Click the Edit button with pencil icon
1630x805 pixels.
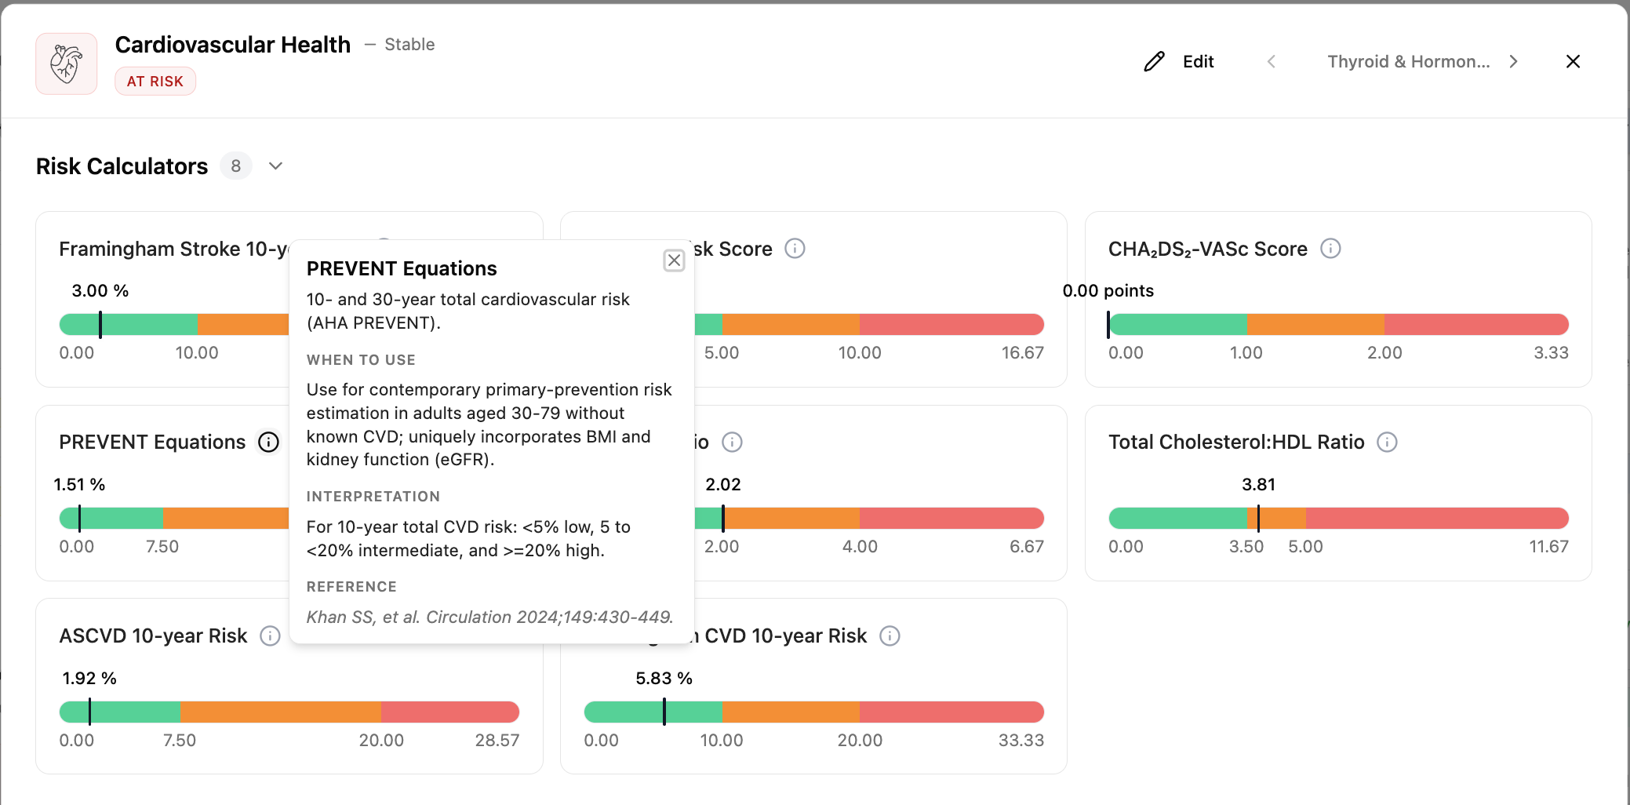[1178, 61]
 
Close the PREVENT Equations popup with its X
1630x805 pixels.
[674, 260]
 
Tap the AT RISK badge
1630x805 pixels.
[155, 82]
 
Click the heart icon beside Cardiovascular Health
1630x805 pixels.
[67, 64]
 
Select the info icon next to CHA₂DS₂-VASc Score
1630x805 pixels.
[1330, 249]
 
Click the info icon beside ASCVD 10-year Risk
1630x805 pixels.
[270, 636]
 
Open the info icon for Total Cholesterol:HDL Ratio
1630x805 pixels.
[1387, 443]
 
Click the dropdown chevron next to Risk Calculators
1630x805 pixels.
[275, 166]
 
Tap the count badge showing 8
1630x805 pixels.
[236, 166]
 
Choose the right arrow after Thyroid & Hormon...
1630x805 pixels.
[1513, 61]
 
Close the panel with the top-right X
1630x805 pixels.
[1573, 61]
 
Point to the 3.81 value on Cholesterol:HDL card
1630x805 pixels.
[1258, 485]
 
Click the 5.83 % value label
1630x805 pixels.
[664, 679]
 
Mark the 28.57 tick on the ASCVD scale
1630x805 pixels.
[497, 741]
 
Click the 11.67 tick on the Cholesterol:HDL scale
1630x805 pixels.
[1548, 547]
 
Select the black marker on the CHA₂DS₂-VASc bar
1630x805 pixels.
[1108, 325]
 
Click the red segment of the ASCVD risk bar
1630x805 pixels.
[450, 712]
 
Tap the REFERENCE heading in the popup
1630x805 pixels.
[351, 587]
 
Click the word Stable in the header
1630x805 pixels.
[409, 45]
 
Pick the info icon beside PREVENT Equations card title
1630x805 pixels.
[268, 443]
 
